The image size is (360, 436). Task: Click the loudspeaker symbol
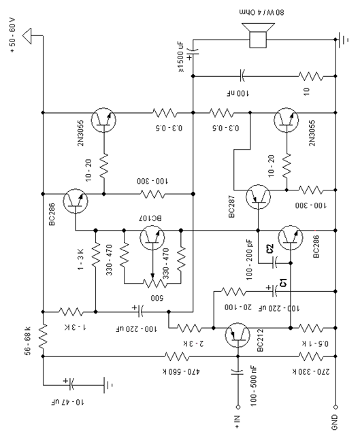[x=258, y=35]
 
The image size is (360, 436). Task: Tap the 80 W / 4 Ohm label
[x=261, y=12]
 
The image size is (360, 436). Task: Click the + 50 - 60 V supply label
[x=12, y=35]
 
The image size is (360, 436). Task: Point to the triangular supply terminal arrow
[x=27, y=36]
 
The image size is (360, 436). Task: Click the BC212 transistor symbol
[x=238, y=335]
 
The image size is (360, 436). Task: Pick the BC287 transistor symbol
[x=258, y=197]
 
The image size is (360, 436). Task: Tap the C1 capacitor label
[x=283, y=282]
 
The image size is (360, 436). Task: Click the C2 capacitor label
[x=270, y=248]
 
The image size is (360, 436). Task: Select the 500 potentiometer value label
[x=157, y=298]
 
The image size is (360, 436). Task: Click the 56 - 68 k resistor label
[x=28, y=341]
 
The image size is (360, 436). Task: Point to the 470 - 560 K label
[x=181, y=371]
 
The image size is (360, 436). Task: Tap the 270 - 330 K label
[x=311, y=371]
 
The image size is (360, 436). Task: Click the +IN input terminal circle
[x=238, y=407]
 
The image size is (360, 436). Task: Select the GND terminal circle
[x=336, y=407]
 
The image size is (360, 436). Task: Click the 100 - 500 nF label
[x=253, y=386]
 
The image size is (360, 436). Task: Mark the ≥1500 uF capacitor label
[x=180, y=57]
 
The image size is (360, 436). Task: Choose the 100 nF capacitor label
[x=238, y=93]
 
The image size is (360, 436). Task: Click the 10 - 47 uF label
[x=67, y=402]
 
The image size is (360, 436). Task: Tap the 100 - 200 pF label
[x=249, y=260]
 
